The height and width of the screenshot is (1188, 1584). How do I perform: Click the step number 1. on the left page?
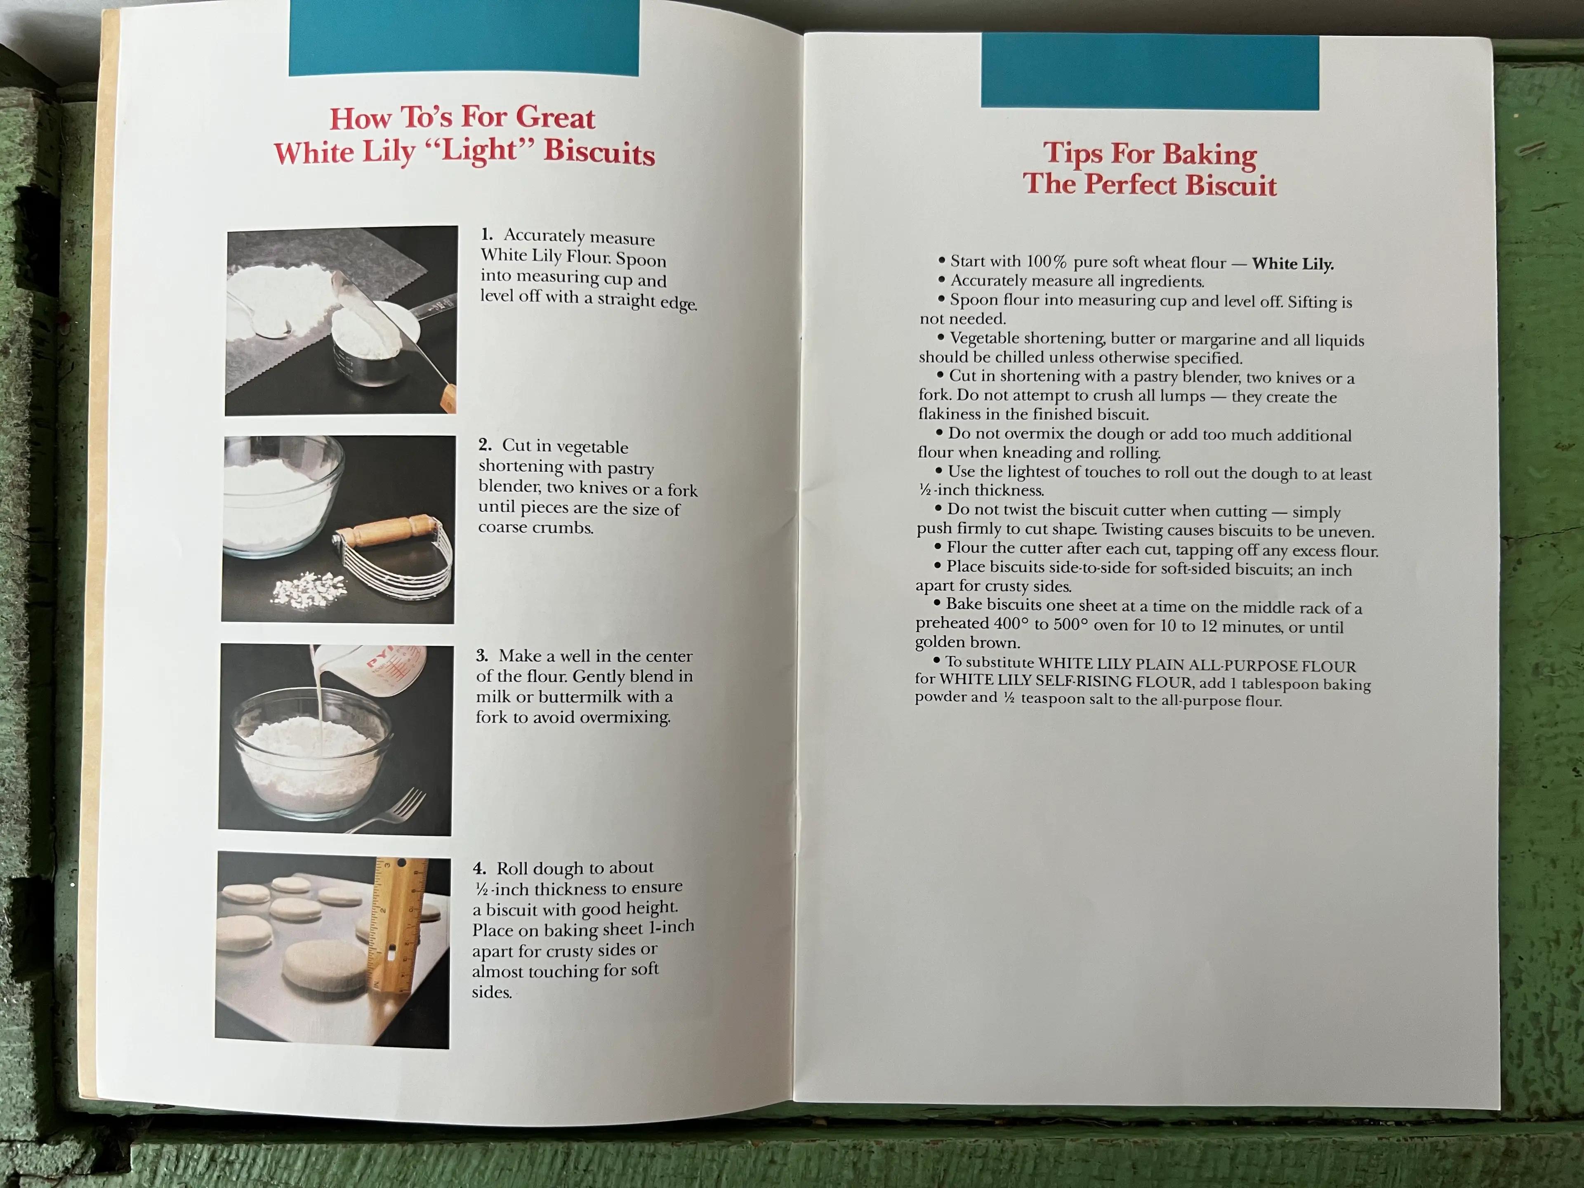point(487,234)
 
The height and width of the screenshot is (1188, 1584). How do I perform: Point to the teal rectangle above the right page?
point(1149,72)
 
